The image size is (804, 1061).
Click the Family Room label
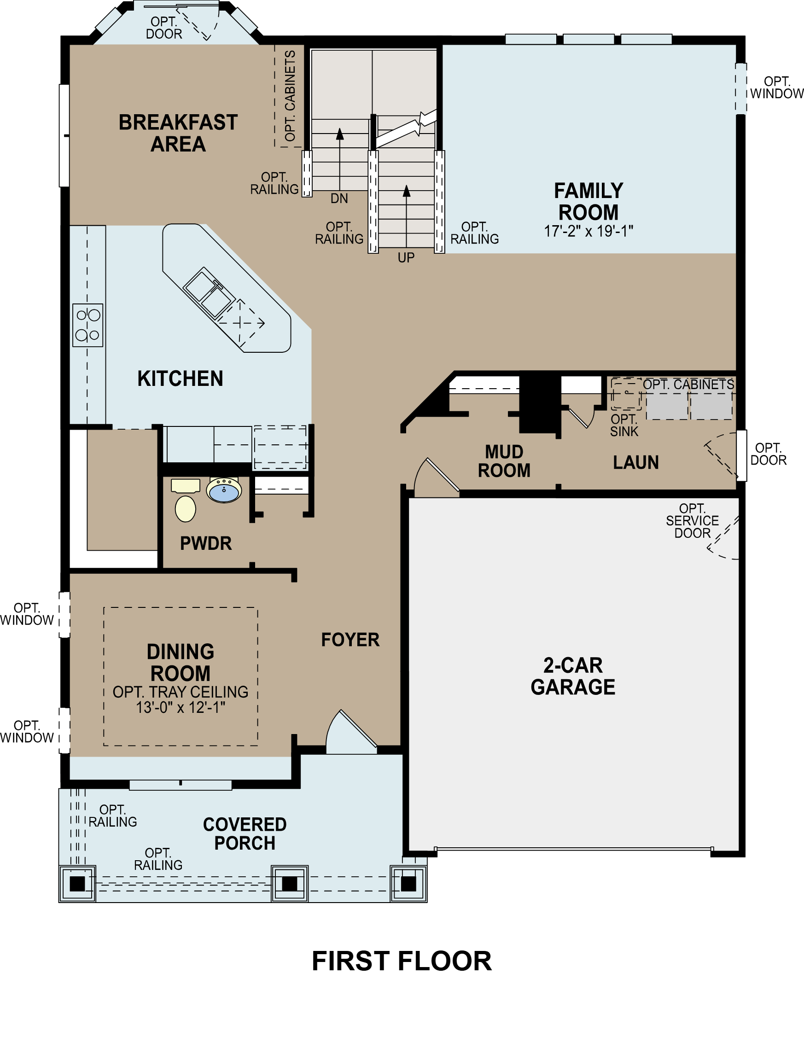pyautogui.click(x=588, y=201)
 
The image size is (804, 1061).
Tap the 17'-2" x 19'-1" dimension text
pyautogui.click(x=588, y=232)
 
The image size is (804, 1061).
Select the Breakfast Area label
pyautogui.click(x=178, y=134)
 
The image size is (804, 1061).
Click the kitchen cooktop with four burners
pyautogui.click(x=88, y=325)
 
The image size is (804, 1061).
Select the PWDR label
pyautogui.click(x=206, y=543)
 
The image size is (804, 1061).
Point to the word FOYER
pyautogui.click(x=350, y=640)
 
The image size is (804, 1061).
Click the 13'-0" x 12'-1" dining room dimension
pyautogui.click(x=181, y=707)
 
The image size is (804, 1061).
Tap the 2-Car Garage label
pyautogui.click(x=573, y=676)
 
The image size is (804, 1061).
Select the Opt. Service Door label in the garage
pyautogui.click(x=692, y=521)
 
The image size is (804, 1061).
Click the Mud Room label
pyautogui.click(x=504, y=461)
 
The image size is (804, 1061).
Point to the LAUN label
pyautogui.click(x=635, y=462)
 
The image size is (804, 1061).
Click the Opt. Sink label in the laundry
pyautogui.click(x=624, y=426)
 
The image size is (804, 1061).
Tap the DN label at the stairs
pyautogui.click(x=339, y=198)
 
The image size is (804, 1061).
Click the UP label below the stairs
pyautogui.click(x=406, y=258)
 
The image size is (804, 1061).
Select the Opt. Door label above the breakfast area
pyautogui.click(x=164, y=28)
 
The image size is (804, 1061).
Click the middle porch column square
pyautogui.click(x=289, y=884)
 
